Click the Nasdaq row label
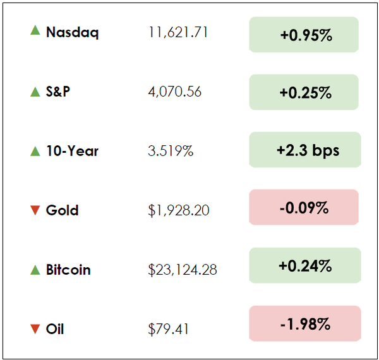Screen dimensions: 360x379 coord(72,33)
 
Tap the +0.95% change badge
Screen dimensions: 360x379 coord(304,35)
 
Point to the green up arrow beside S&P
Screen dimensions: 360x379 coord(35,92)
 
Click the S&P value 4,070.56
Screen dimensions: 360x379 coord(174,92)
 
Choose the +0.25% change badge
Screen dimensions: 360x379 coord(304,92)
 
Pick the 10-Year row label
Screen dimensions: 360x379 coord(72,152)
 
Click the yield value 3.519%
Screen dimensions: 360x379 coord(171,152)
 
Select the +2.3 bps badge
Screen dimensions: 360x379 coord(305,150)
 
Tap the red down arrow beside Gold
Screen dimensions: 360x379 coord(35,211)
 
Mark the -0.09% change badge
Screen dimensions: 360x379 coord(304,207)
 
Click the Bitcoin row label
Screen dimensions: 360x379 coord(68,270)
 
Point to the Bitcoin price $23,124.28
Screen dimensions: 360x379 coord(182,270)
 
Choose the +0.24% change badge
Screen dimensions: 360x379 coord(305,265)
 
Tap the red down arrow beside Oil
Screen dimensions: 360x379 coord(35,329)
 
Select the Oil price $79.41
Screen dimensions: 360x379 coord(168,329)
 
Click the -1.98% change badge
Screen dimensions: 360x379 coord(305,324)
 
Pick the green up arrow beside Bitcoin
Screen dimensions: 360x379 coord(35,270)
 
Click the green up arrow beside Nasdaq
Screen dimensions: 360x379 coord(35,30)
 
